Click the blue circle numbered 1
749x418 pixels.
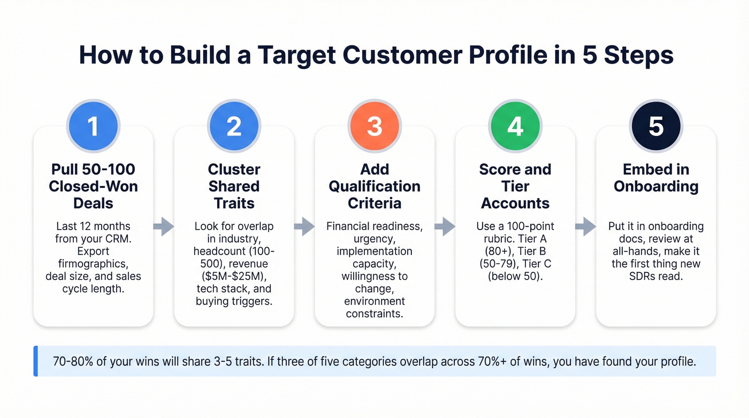[93, 126]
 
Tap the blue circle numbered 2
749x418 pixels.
[234, 126]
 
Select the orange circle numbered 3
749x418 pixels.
[374, 126]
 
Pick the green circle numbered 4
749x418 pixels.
[515, 126]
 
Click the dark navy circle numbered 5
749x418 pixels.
[656, 126]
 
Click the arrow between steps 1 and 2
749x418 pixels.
[164, 226]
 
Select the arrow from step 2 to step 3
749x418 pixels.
[304, 226]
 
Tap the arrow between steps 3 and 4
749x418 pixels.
[445, 226]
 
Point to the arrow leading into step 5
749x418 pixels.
[585, 226]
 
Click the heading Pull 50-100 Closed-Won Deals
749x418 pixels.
[93, 186]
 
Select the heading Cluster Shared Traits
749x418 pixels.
[234, 186]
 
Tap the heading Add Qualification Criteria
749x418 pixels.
[374, 186]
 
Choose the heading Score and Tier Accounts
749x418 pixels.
[515, 186]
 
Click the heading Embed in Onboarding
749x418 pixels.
[656, 178]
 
